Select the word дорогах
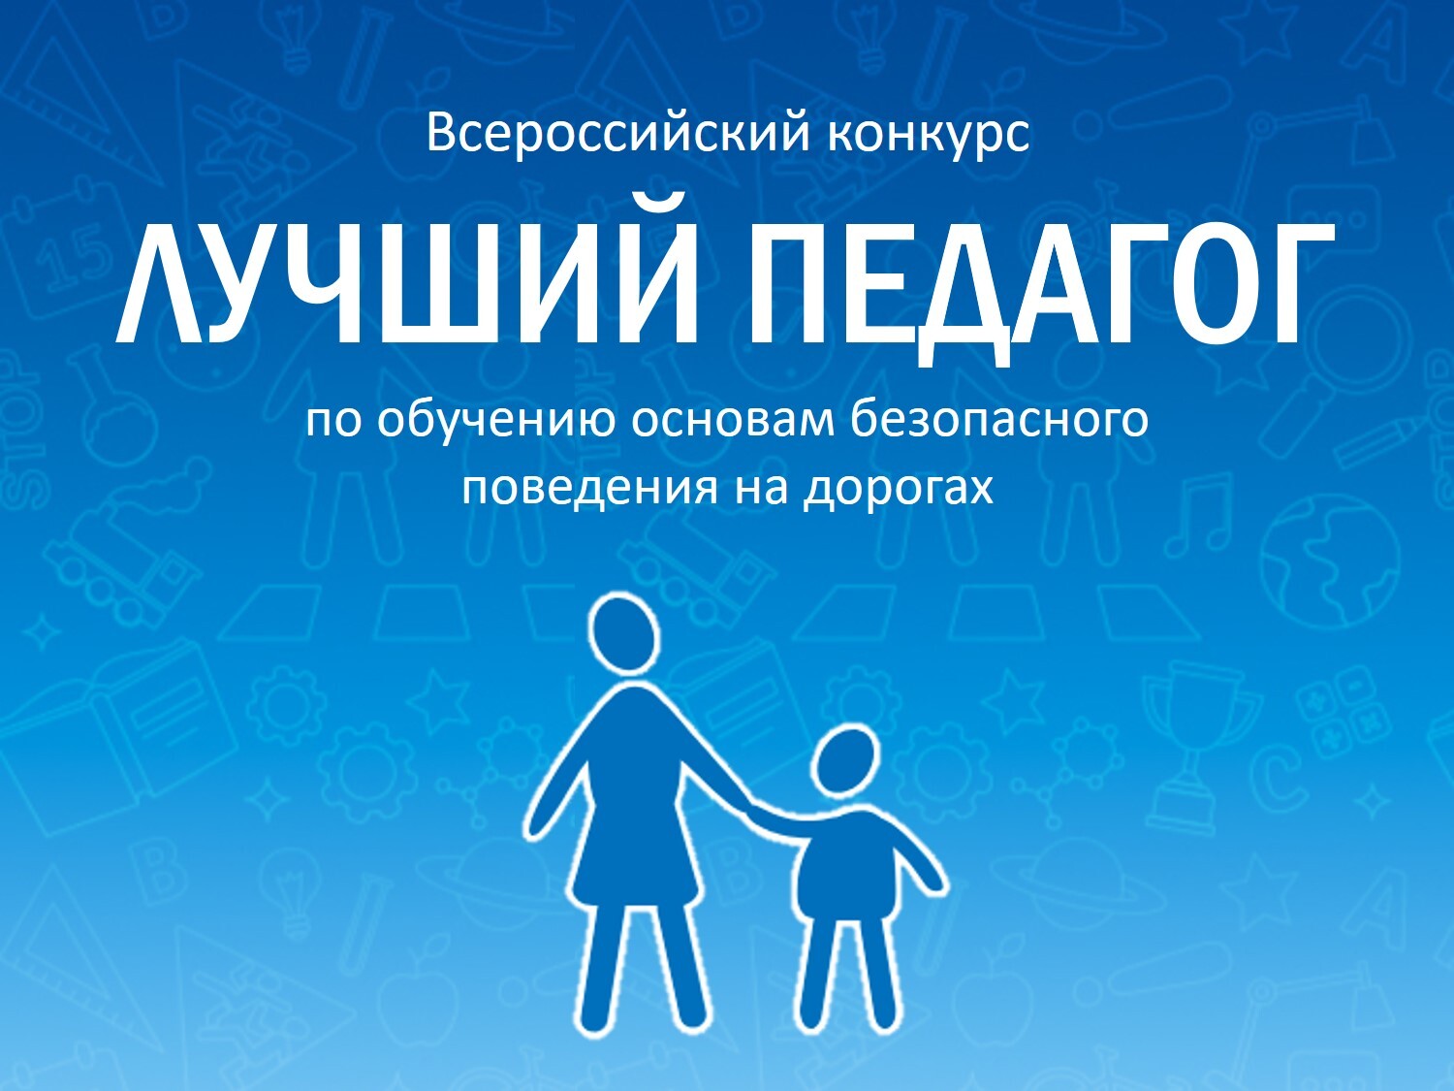pyautogui.click(x=899, y=490)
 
